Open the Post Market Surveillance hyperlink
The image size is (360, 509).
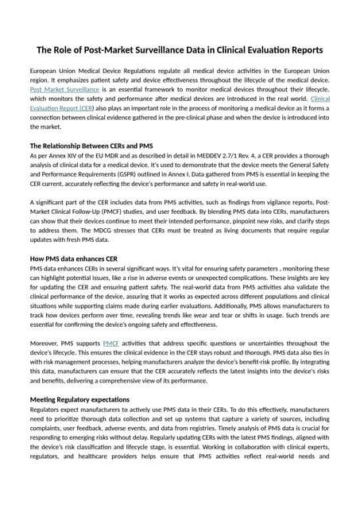click(x=60, y=93)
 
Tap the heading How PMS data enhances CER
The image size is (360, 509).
click(x=73, y=259)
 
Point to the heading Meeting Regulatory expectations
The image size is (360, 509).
click(x=79, y=398)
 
